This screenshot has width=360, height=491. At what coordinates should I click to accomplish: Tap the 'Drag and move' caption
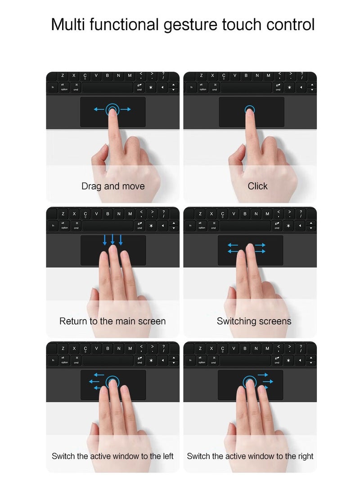pos(113,186)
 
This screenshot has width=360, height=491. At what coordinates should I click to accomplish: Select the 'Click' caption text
pos(257,186)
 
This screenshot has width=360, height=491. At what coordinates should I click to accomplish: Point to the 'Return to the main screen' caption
pos(112,321)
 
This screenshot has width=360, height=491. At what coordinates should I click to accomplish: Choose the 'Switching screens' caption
pos(254,321)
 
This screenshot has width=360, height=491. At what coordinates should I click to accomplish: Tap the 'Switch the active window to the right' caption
pos(250,456)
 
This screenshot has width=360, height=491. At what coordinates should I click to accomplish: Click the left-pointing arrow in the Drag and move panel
pos(98,109)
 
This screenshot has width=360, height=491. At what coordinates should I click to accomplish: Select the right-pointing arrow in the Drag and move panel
pos(126,109)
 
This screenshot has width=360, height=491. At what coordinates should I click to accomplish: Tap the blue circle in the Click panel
pos(250,109)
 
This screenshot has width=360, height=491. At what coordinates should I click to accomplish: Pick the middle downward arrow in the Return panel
pos(112,239)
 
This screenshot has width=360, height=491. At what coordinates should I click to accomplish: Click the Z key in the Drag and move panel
pos(63,76)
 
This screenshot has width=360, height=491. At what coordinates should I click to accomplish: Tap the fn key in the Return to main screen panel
pos(53,225)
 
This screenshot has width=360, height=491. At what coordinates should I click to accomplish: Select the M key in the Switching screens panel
pos(267,213)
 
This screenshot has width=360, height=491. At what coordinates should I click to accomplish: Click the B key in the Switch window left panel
pos(108,348)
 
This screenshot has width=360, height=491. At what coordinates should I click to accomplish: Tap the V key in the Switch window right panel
pos(234,348)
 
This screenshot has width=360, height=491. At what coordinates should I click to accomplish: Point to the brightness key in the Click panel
pos(289,87)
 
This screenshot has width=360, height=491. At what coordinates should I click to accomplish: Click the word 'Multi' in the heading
pos(68,24)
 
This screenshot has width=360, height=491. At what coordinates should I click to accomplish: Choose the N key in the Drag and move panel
pos(119,76)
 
